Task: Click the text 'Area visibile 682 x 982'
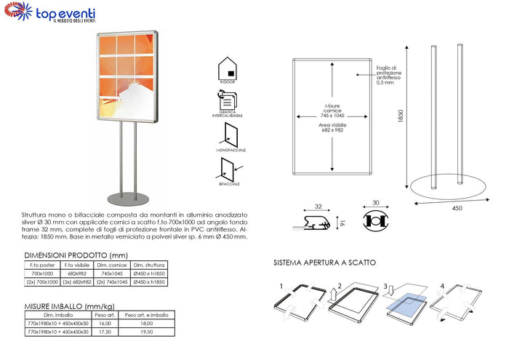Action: click(332, 128)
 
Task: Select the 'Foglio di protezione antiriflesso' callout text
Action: click(389, 76)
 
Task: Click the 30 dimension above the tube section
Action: click(376, 204)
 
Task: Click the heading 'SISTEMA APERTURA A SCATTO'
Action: click(325, 262)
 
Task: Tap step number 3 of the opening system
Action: click(385, 287)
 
